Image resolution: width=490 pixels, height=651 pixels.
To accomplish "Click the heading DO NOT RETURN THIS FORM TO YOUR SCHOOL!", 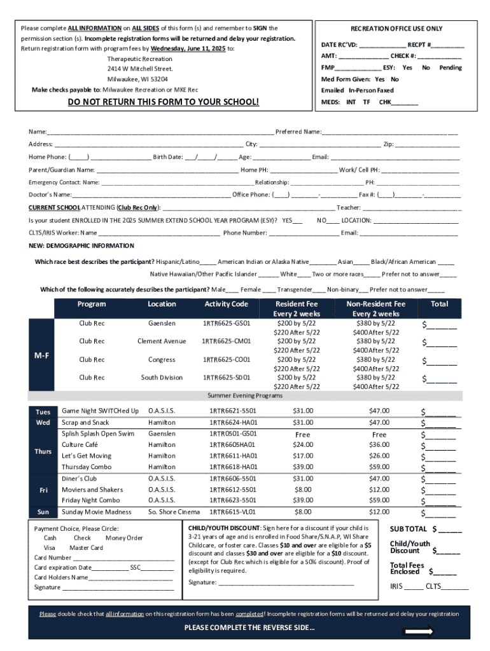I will click(x=164, y=102).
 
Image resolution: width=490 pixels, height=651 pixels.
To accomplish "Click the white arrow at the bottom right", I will click(x=419, y=631).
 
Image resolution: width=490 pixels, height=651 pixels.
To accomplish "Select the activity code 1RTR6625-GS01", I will click(x=226, y=323).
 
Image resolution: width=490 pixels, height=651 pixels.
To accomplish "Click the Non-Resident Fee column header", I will click(x=375, y=304).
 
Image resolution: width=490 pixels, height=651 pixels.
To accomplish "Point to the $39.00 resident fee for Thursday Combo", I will click(x=302, y=467).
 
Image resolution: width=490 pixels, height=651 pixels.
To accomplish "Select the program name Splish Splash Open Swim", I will click(x=98, y=434).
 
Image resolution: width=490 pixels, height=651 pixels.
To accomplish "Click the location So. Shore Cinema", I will click(x=174, y=512).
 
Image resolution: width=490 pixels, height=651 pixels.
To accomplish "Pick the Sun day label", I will click(x=43, y=512).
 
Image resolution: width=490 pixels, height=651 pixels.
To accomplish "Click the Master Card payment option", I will click(x=86, y=547).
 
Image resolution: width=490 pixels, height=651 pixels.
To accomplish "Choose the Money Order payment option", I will click(x=124, y=538).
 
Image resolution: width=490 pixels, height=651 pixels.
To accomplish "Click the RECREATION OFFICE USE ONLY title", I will click(x=396, y=29).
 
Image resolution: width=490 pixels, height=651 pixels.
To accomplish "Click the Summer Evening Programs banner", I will click(x=245, y=395).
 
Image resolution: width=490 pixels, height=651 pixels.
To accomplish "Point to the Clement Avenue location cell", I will click(x=162, y=341).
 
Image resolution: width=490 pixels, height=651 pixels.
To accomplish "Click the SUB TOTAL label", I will click(x=408, y=529).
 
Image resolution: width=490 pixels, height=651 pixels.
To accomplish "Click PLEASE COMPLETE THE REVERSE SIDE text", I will click(x=249, y=628).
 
